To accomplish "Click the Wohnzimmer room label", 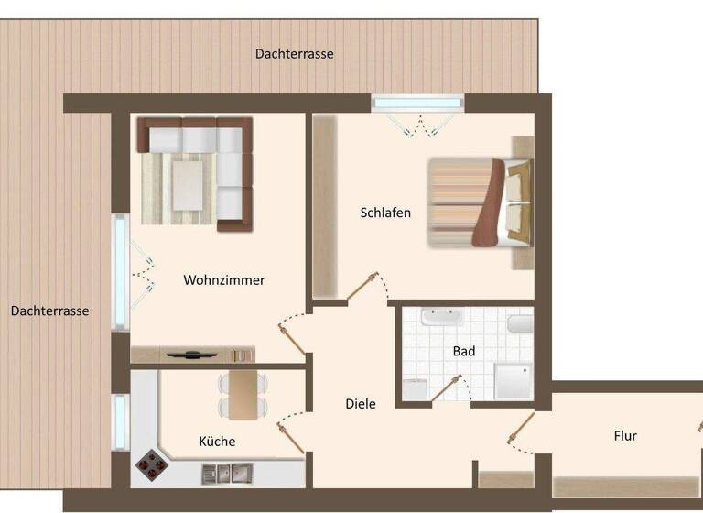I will click(x=224, y=280).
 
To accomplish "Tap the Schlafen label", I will click(x=385, y=213).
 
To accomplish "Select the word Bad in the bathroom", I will click(x=464, y=351).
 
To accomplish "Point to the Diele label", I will click(x=361, y=403).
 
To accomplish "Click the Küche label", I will click(x=217, y=442).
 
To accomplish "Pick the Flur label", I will click(x=625, y=436).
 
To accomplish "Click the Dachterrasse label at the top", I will click(x=294, y=54).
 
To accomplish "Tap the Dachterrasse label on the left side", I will click(x=50, y=311).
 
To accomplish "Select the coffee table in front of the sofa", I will click(x=188, y=184).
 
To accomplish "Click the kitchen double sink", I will click(x=227, y=474).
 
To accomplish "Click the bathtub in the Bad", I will click(x=442, y=318).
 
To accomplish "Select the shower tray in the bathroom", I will click(x=513, y=380).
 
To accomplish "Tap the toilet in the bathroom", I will click(x=520, y=325).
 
